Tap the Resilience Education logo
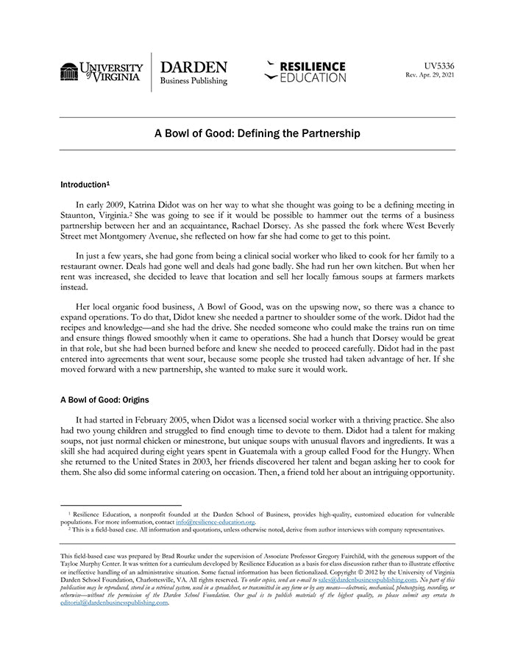[305, 71]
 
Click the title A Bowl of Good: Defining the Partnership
[257, 134]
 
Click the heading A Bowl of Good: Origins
[104, 400]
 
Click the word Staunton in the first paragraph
[80, 214]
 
